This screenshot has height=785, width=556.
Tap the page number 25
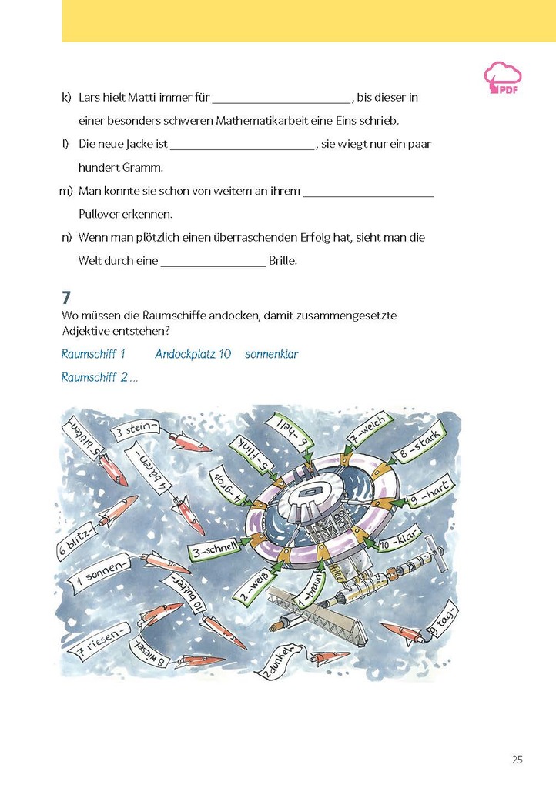[517, 760]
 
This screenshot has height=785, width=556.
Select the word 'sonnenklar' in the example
[271, 355]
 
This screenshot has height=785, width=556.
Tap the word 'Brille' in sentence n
[283, 261]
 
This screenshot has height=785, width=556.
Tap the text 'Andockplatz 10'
[193, 355]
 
